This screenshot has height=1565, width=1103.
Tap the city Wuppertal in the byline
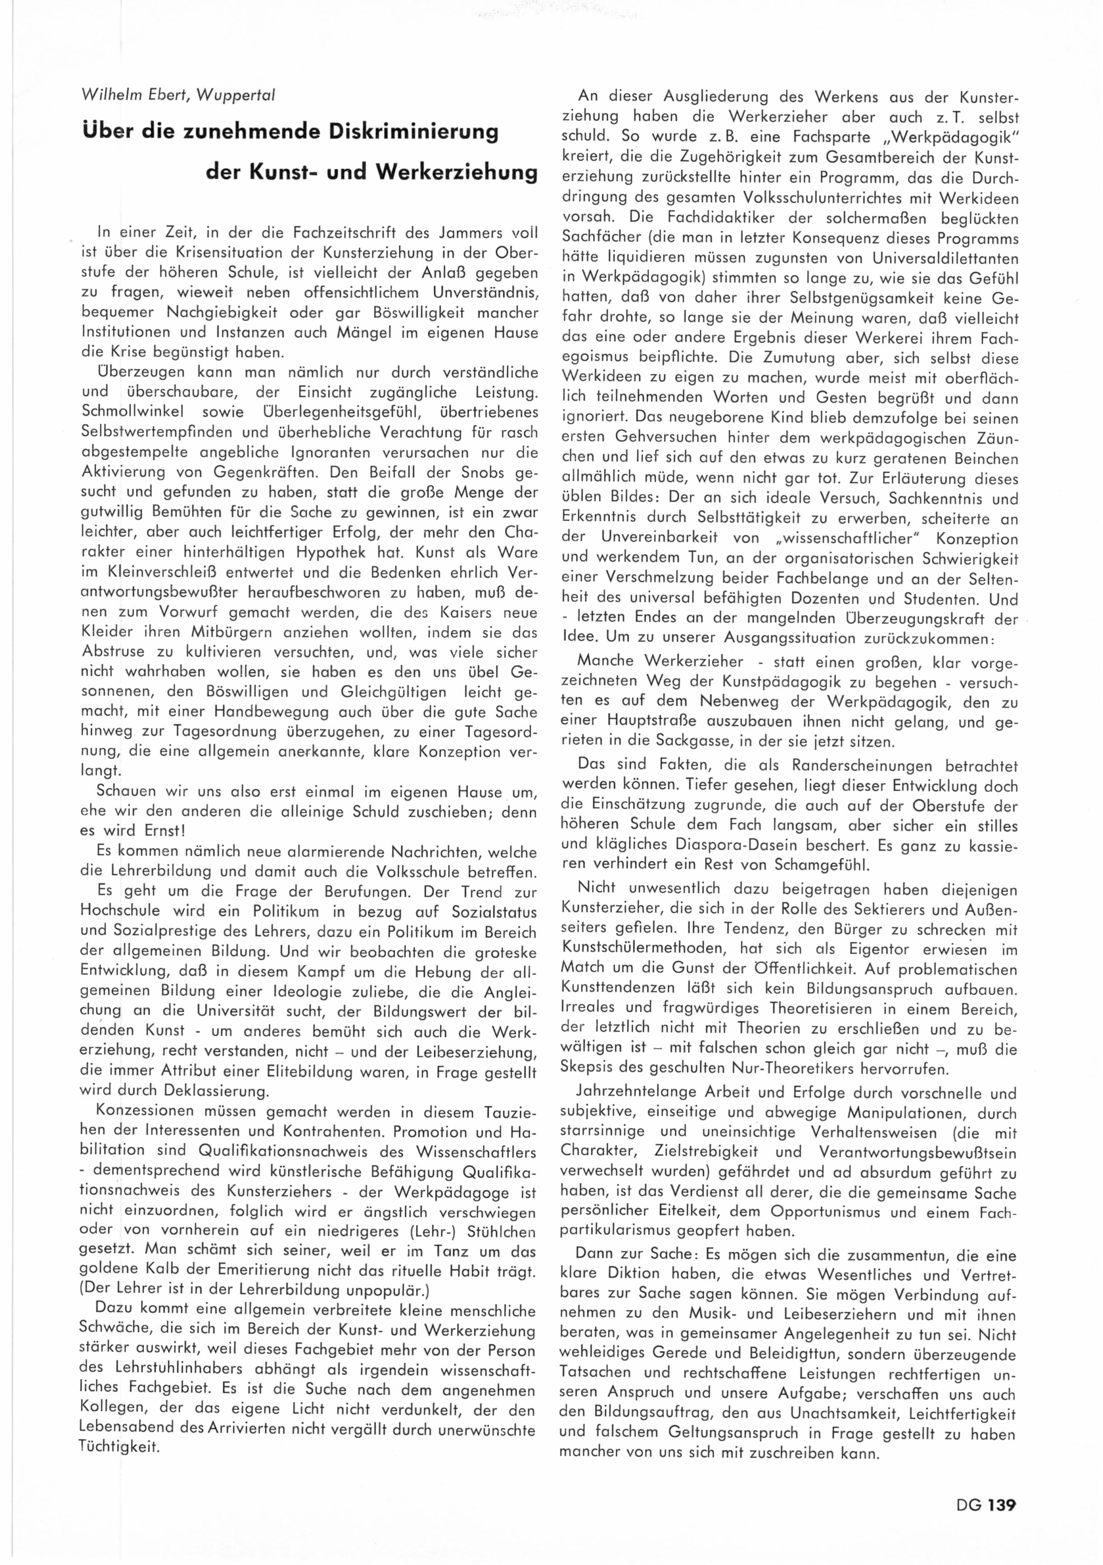[235, 95]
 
